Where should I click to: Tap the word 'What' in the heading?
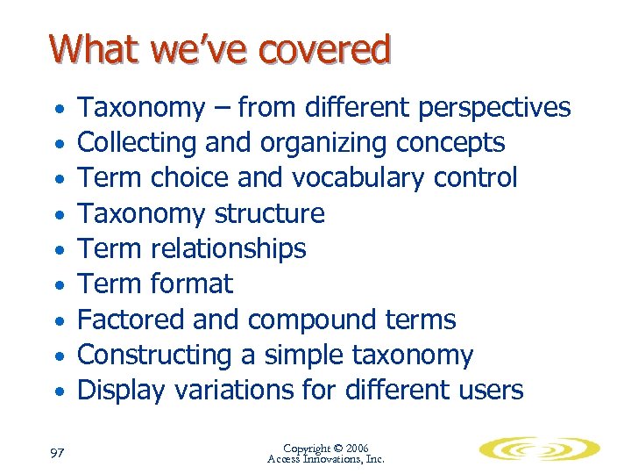click(96, 49)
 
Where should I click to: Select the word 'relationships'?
click(228, 248)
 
